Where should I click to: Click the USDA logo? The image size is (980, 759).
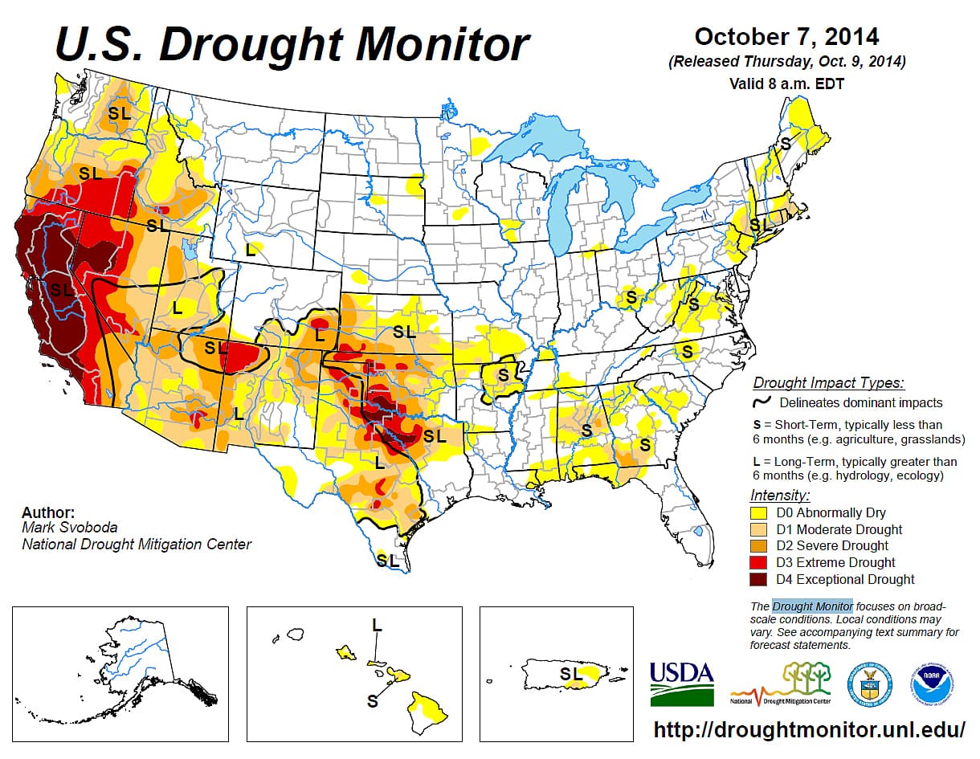tap(681, 683)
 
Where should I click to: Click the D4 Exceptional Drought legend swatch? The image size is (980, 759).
tap(760, 579)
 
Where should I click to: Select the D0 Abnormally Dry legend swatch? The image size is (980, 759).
tap(760, 512)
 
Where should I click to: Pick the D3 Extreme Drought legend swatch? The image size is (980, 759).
tap(760, 562)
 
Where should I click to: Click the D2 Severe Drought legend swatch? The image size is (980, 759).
tap(760, 546)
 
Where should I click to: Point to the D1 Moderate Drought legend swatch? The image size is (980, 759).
tap(760, 529)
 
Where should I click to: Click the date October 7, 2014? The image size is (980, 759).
tap(786, 36)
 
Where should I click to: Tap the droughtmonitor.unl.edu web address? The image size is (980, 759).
tap(809, 729)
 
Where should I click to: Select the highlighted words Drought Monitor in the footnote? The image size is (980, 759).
tap(812, 606)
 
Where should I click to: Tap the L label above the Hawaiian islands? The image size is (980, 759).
tap(377, 625)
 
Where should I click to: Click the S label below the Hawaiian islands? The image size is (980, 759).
tap(372, 700)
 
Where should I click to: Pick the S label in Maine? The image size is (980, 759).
tap(786, 143)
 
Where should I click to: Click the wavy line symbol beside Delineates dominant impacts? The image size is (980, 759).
tap(762, 402)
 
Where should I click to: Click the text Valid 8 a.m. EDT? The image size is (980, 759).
tap(786, 83)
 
